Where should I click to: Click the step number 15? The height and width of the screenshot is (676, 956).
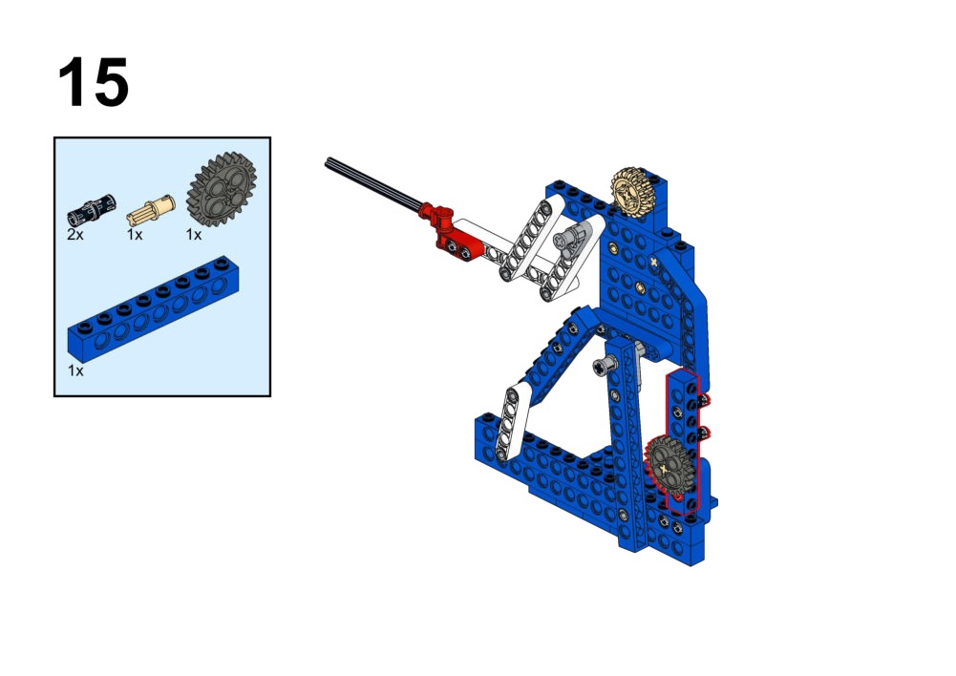94,82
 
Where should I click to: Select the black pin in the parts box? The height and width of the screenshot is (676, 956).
91,211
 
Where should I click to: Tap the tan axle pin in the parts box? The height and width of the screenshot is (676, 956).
151,209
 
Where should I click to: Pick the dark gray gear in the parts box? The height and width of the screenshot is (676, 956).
222,190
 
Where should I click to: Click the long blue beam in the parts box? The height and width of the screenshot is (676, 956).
153,309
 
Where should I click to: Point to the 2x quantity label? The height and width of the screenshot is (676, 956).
75,235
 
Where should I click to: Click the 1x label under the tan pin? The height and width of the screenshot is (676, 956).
134,235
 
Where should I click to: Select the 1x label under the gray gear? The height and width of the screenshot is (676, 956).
193,235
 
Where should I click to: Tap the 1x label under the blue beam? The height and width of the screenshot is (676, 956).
75,370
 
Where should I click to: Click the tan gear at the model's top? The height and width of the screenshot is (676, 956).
633,191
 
